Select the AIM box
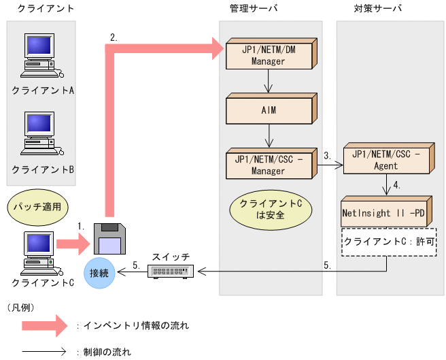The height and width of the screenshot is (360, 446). pyautogui.click(x=269, y=110)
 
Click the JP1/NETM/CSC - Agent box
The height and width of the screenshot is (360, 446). pyautogui.click(x=386, y=159)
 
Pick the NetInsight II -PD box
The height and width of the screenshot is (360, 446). pyautogui.click(x=386, y=212)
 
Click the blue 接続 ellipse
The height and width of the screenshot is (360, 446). pyautogui.click(x=99, y=273)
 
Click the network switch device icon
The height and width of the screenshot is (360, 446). pyautogui.click(x=171, y=272)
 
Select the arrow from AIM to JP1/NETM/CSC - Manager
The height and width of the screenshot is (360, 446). pyautogui.click(x=269, y=136)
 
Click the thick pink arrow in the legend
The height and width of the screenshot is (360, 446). pyautogui.click(x=44, y=325)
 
